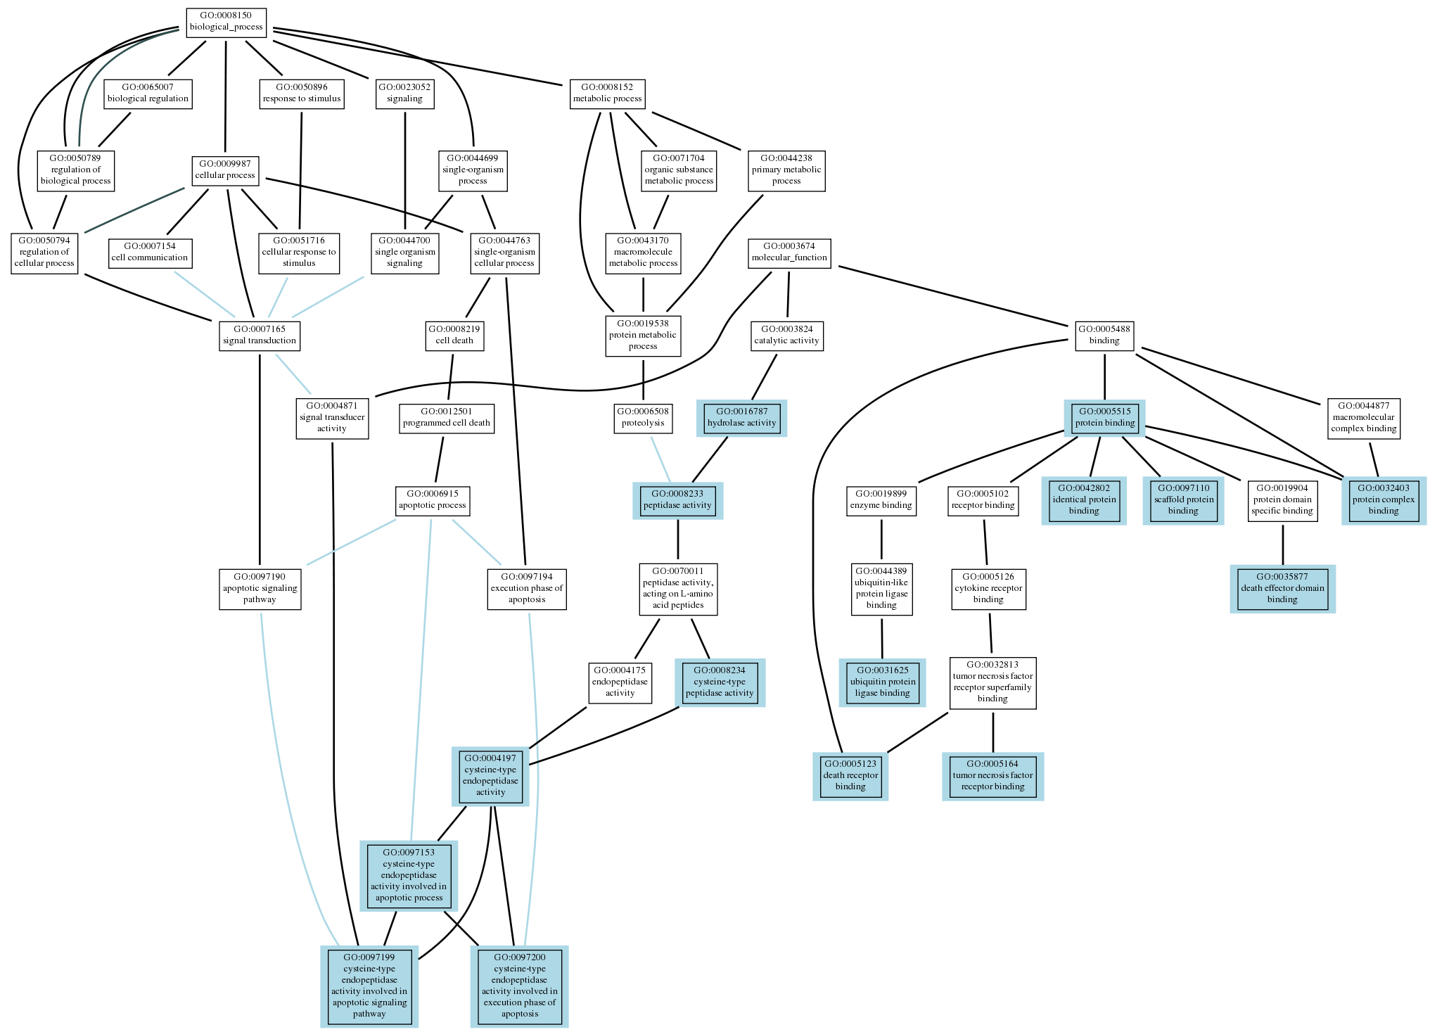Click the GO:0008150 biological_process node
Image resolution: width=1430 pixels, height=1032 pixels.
(x=226, y=22)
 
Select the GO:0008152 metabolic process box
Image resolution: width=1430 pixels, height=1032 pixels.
(x=607, y=93)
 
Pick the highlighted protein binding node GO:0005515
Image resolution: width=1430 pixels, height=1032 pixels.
(x=1104, y=417)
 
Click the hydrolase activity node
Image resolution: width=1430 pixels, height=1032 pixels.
(x=741, y=417)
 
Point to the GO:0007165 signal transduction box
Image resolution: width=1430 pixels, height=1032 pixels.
(x=260, y=335)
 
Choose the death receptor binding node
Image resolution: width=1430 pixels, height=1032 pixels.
(x=850, y=775)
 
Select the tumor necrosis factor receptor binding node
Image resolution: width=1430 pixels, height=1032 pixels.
(x=992, y=775)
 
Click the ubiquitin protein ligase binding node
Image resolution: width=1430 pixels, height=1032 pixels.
(x=882, y=682)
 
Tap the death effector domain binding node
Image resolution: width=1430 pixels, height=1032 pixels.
(x=1282, y=588)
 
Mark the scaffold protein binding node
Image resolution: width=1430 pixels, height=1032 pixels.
(x=1183, y=499)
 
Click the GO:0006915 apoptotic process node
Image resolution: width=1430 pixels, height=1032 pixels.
(x=432, y=499)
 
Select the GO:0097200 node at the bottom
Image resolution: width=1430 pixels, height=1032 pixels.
(x=519, y=986)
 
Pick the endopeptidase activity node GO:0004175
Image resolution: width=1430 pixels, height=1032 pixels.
(x=620, y=682)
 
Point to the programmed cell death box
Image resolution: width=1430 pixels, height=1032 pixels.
(x=446, y=417)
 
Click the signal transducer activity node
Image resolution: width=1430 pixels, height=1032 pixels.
(x=332, y=417)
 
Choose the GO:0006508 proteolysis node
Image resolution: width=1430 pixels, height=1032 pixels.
(x=643, y=417)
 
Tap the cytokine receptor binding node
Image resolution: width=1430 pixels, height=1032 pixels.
(x=988, y=588)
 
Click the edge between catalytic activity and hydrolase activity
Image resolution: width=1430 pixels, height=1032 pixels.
(x=764, y=376)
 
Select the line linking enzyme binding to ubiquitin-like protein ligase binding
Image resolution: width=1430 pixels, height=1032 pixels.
(x=881, y=539)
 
